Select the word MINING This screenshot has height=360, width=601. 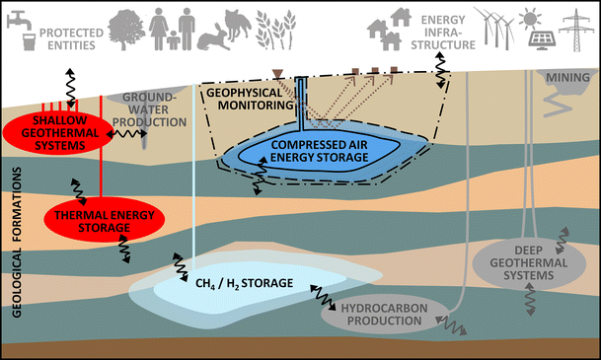click(565, 74)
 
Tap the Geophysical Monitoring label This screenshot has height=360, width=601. click(242, 97)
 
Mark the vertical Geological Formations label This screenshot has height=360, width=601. click(14, 232)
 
